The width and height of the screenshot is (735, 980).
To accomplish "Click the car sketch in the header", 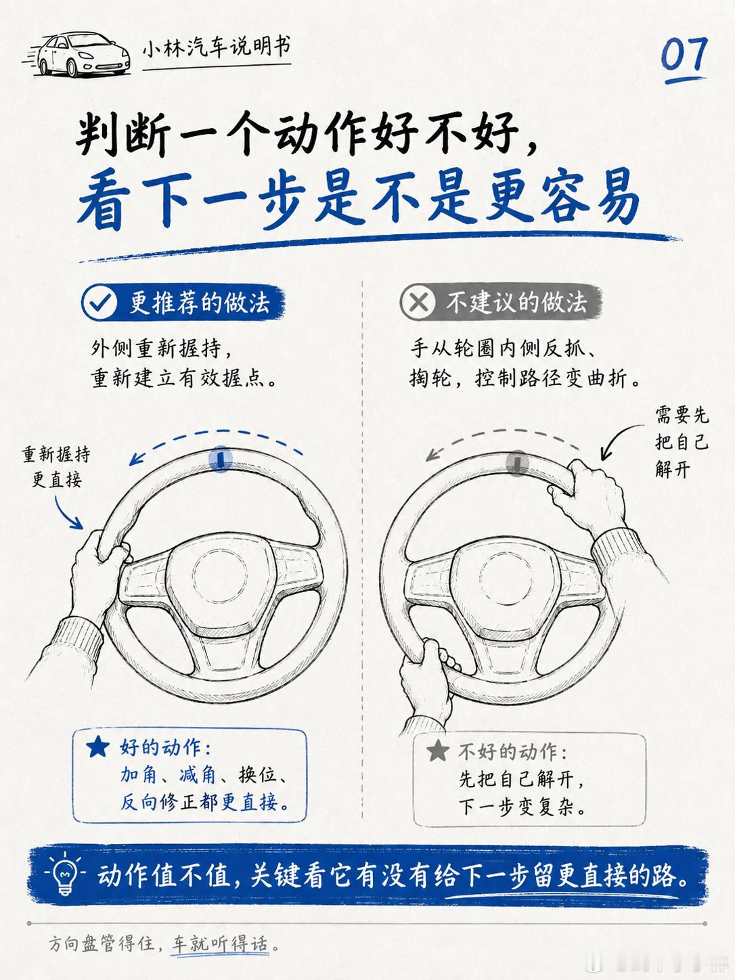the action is pos(76,54).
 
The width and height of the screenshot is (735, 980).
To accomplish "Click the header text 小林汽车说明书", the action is pos(217,48).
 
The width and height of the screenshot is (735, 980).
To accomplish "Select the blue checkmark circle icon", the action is pos(99,303).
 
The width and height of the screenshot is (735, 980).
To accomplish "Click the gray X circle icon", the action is pos(418,303).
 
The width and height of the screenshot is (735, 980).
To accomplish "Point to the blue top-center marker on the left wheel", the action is pos(221,458).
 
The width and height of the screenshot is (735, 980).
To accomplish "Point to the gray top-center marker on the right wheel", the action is pos(517,462).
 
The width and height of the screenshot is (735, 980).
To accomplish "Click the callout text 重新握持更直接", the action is pos(56,468).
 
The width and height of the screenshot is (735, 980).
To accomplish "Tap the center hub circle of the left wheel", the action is pos(219,575).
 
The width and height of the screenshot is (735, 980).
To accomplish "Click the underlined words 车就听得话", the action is pos(221,944).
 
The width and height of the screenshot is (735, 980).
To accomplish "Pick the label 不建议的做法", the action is pos(517,303).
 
